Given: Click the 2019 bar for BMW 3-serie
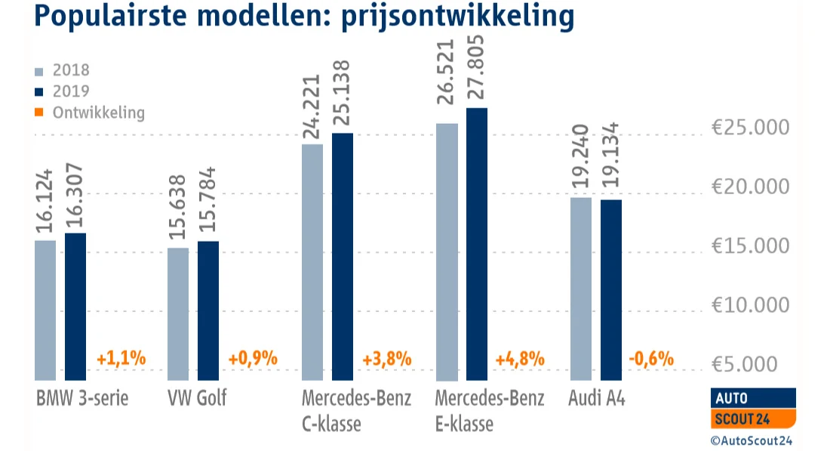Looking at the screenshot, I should [x=75, y=306].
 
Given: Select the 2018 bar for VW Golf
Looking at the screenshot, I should [x=179, y=314].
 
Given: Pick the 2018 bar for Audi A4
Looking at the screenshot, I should [x=581, y=288].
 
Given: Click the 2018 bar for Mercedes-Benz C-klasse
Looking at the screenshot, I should [x=312, y=261].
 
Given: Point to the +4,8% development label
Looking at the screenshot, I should [x=520, y=359].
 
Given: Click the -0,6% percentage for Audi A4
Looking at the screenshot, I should [x=650, y=359].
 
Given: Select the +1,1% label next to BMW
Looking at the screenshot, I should [x=121, y=359].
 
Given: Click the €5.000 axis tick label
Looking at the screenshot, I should [x=761, y=365].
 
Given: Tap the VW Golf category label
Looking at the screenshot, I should [x=195, y=398].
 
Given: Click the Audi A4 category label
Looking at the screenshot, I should [x=596, y=398].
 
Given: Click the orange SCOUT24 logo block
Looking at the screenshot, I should [x=753, y=419].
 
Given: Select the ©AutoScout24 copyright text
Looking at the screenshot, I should [x=752, y=440].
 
